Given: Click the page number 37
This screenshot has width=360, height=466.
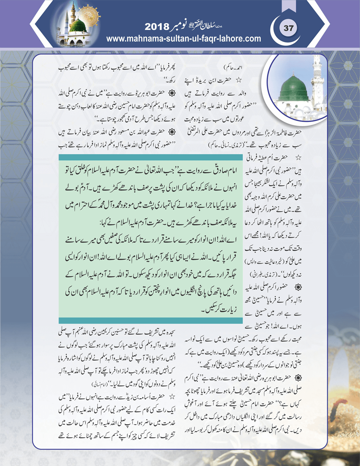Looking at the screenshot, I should pos(288,28).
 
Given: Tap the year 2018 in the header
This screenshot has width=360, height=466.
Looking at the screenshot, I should pos(157,27).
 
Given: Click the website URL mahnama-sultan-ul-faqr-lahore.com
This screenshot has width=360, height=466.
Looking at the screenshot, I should pos(183,39).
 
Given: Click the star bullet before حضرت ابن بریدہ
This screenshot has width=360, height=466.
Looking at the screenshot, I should pos(239,80).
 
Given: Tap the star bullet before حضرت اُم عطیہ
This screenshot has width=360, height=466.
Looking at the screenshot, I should pos(298,158).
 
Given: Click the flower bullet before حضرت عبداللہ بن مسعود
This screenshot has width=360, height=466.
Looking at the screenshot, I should pos(172,132).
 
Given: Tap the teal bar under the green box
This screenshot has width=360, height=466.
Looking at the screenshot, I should pos(151,320).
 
